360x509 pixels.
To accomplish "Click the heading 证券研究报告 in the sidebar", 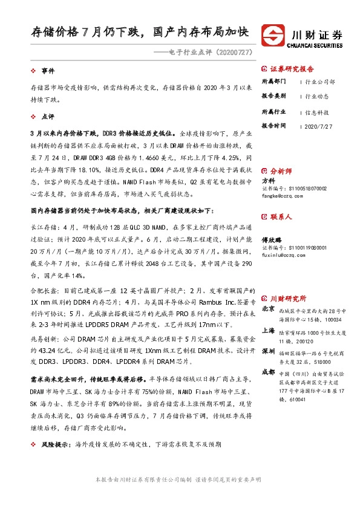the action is pyautogui.click(x=292, y=69).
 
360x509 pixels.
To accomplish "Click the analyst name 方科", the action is pyautogui.click(x=267, y=180).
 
